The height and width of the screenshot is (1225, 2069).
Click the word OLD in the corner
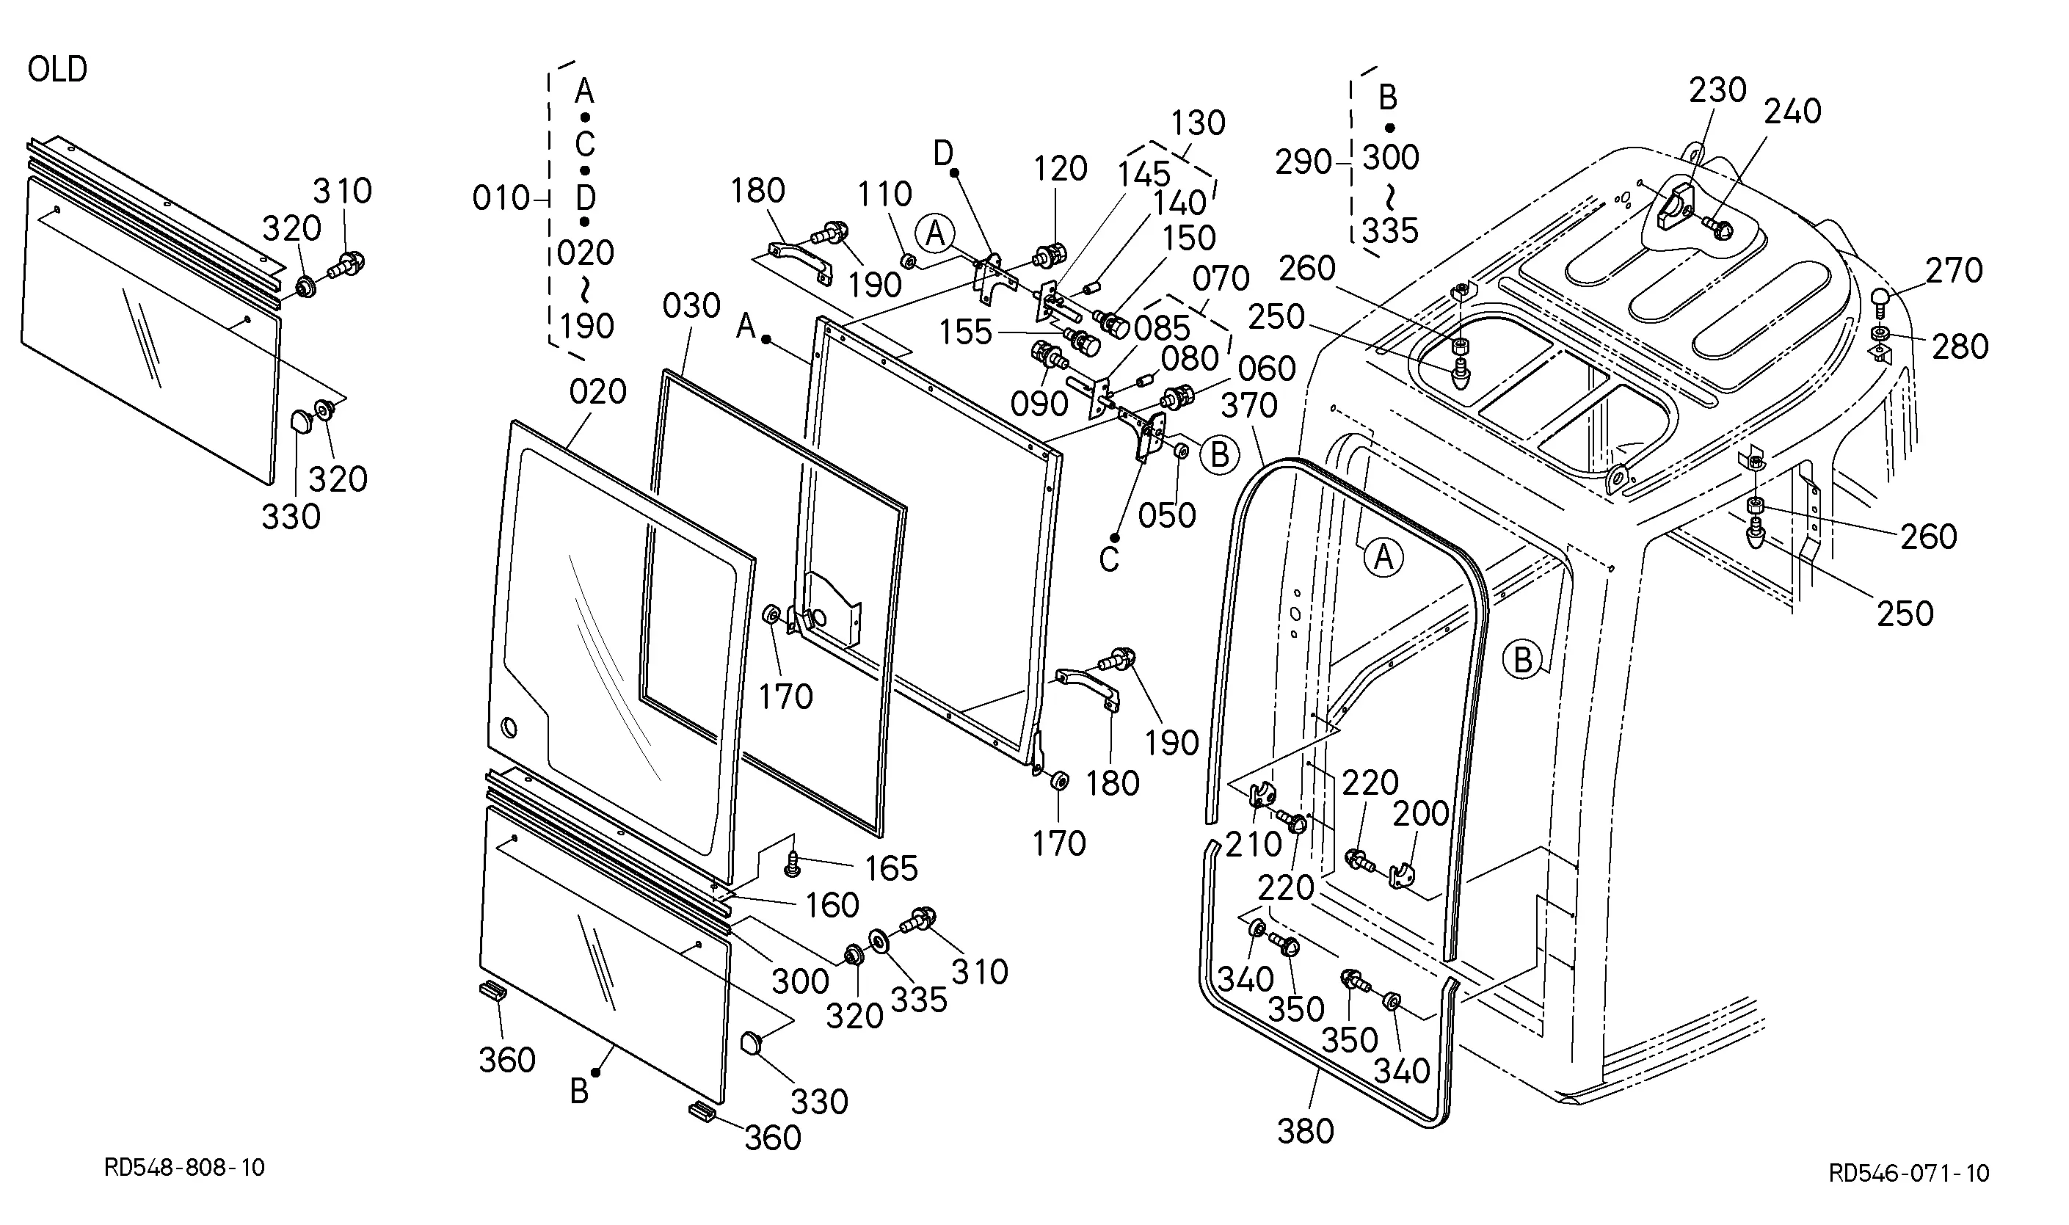[x=57, y=69]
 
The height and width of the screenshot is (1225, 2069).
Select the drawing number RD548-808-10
[x=184, y=1167]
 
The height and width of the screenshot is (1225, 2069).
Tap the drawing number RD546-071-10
[x=1909, y=1173]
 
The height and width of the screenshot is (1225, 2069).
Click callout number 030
[x=691, y=306]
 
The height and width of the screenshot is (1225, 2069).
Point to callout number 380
[x=1306, y=1131]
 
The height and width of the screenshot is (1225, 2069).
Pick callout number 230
[x=1717, y=90]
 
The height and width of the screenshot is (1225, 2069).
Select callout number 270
[x=1955, y=271]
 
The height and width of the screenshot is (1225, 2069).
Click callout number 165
[x=891, y=868]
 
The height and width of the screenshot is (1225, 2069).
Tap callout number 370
[x=1249, y=405]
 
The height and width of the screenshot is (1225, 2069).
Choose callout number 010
[x=501, y=198]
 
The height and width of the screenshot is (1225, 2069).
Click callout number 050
[x=1167, y=515]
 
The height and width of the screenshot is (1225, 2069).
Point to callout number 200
[x=1421, y=814]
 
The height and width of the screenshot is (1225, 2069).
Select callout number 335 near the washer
[x=920, y=1000]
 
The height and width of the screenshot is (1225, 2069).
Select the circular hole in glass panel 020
[x=509, y=728]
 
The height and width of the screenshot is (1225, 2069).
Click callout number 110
[x=884, y=195]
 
